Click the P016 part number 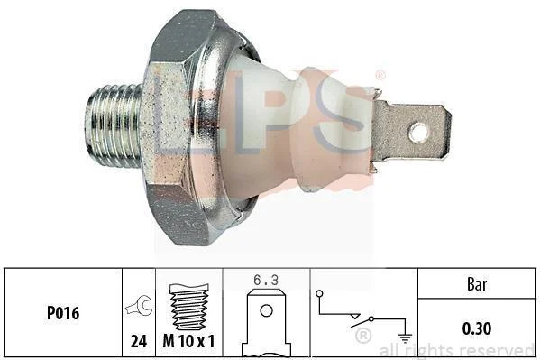(x=63, y=313)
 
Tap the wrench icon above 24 (x=140, y=305)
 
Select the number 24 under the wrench (x=139, y=341)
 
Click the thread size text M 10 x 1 (x=188, y=341)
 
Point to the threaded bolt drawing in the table (x=189, y=307)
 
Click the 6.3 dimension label (x=266, y=280)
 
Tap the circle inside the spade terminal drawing (x=266, y=310)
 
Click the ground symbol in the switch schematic (x=405, y=338)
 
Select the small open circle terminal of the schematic (x=319, y=293)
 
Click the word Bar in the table (x=477, y=284)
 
